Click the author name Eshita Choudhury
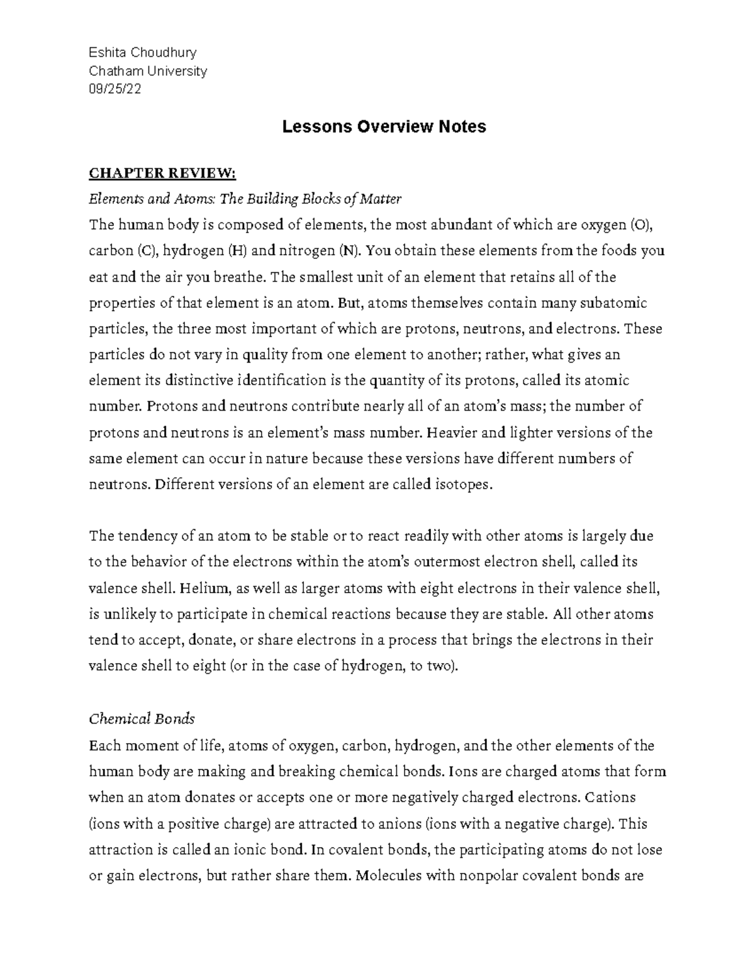click(x=143, y=52)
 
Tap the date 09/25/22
click(x=115, y=89)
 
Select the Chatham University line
click(x=148, y=71)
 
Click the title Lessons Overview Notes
click(x=384, y=127)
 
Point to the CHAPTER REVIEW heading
click(x=162, y=173)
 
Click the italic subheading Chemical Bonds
click(x=142, y=719)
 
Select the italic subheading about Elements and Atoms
click(x=245, y=199)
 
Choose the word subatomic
click(x=614, y=303)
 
